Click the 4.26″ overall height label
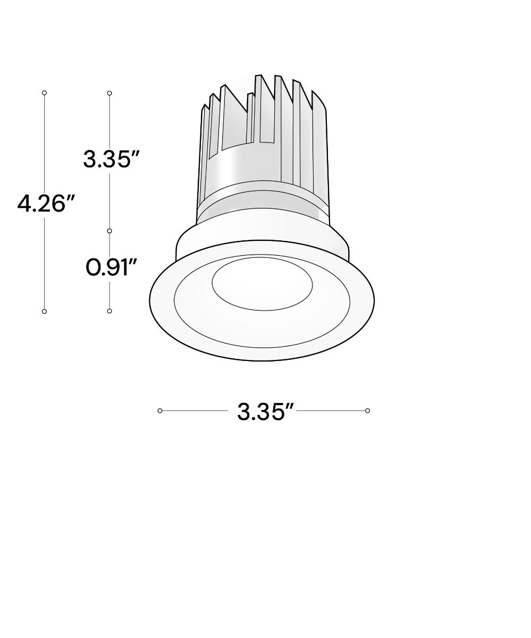click(46, 204)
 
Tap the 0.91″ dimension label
click(111, 267)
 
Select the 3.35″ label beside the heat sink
click(111, 159)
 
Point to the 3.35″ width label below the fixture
click(265, 412)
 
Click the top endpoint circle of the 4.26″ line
click(44, 93)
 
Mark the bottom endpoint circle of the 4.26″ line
click(44, 312)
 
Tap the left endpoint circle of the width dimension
click(160, 410)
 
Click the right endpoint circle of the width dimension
click(367, 410)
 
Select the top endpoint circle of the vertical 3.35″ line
click(109, 93)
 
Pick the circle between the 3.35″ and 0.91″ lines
click(109, 231)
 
